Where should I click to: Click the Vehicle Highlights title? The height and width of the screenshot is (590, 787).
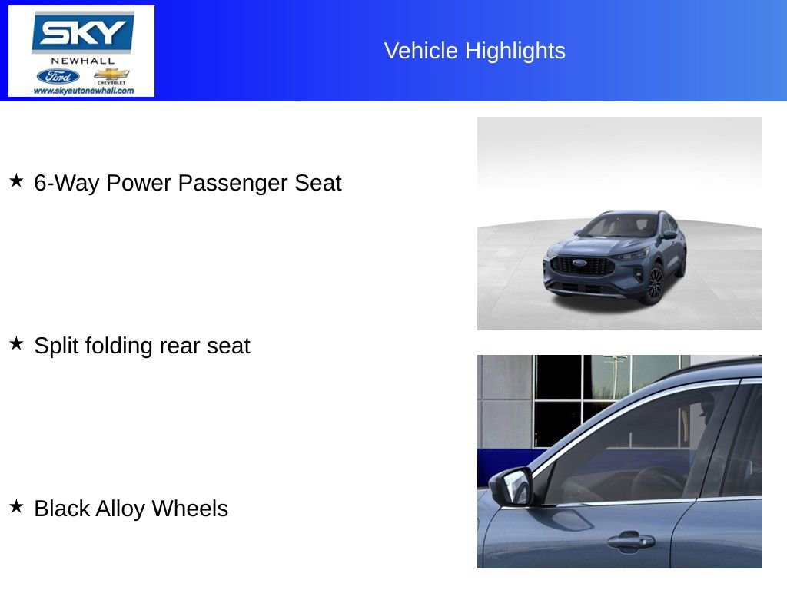point(474,51)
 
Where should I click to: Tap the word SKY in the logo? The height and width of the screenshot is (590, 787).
point(82,33)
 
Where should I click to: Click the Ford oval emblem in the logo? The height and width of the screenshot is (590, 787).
point(58,76)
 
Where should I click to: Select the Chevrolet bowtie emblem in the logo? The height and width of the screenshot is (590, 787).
point(111,75)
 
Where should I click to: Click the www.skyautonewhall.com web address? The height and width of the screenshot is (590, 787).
point(83,91)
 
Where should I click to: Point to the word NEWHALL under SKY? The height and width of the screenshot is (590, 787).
point(82,60)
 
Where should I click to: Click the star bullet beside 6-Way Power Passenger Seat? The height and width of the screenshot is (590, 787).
point(16,181)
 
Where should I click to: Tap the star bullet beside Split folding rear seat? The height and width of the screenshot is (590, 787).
point(16,344)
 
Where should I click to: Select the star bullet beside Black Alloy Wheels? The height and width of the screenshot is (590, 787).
point(16,507)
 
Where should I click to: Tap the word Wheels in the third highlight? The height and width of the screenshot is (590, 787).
point(190,509)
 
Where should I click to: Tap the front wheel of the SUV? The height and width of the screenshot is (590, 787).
point(655,285)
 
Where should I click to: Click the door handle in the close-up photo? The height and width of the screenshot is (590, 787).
point(630,541)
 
